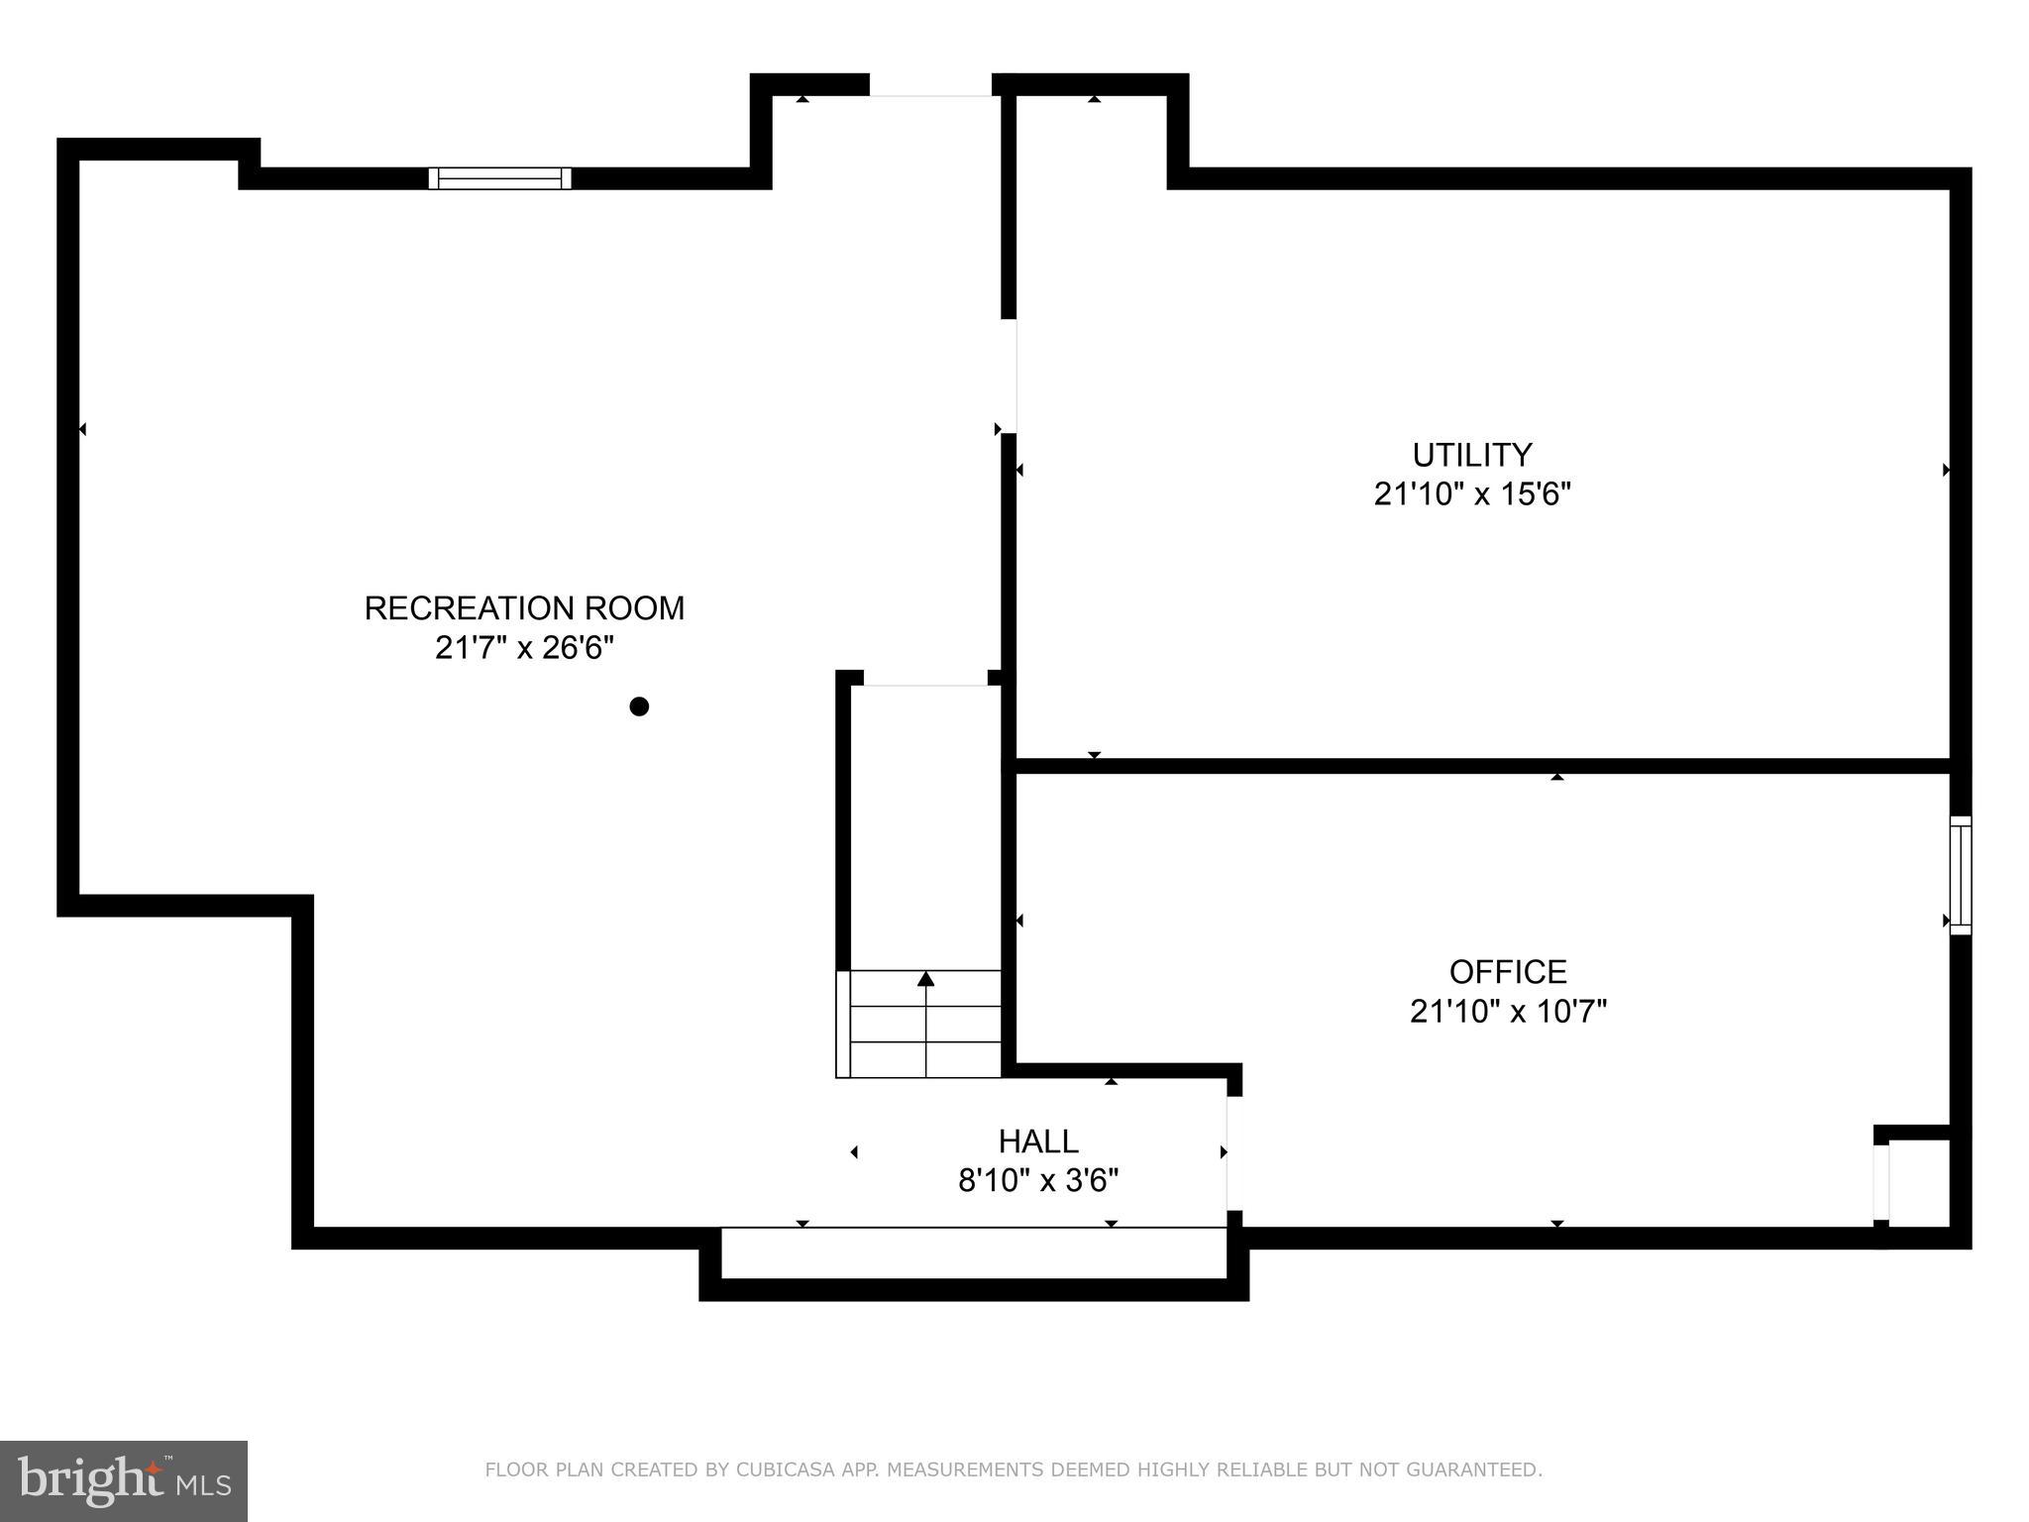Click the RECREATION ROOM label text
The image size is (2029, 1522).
coord(524,608)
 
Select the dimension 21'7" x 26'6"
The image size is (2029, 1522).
coord(524,648)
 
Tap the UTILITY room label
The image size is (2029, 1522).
coord(1471,455)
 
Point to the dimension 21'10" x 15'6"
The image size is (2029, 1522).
coord(1471,493)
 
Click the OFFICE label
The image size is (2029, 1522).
coord(1508,971)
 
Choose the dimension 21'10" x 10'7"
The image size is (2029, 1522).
coord(1508,1012)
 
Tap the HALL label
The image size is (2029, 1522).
coord(1037,1141)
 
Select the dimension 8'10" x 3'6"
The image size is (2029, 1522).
coord(1037,1181)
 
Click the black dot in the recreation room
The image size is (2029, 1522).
coord(639,707)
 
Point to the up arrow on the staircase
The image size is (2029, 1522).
coord(925,979)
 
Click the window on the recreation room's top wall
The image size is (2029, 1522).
coord(499,178)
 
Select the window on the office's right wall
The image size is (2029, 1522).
coord(1960,875)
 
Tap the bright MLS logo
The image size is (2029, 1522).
coord(124,1481)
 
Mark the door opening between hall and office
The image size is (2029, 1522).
coord(1233,1153)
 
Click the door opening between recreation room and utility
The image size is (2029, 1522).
coord(1009,377)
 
